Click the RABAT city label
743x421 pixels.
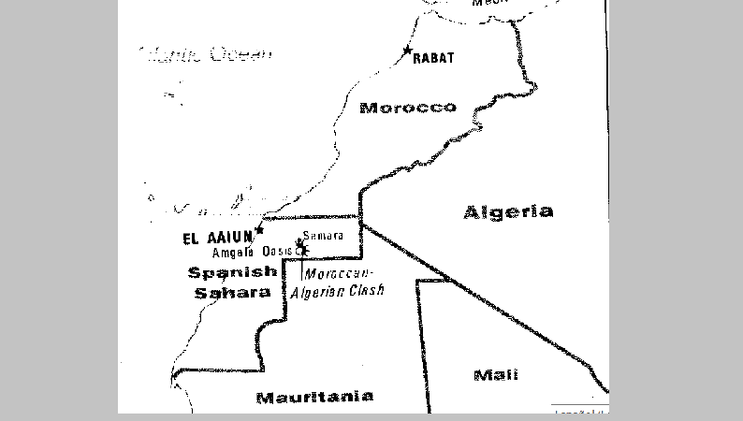tap(434, 58)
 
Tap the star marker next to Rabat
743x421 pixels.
tap(407, 50)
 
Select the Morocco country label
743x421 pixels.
tap(408, 108)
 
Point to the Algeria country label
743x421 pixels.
tap(508, 212)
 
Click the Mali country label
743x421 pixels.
tap(496, 375)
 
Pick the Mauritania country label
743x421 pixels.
tap(314, 397)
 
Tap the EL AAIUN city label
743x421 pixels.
tap(218, 238)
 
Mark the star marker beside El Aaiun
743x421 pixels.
tap(260, 229)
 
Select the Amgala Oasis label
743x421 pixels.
tap(253, 252)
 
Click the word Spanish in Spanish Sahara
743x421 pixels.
tap(233, 272)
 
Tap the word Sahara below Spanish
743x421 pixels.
tap(233, 292)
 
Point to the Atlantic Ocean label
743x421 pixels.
tap(206, 54)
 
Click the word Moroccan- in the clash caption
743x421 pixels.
tap(339, 273)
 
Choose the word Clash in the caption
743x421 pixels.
tap(367, 291)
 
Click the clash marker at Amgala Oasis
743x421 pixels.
tap(301, 249)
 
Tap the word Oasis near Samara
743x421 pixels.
tap(278, 252)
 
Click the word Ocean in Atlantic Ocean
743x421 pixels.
tap(240, 54)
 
